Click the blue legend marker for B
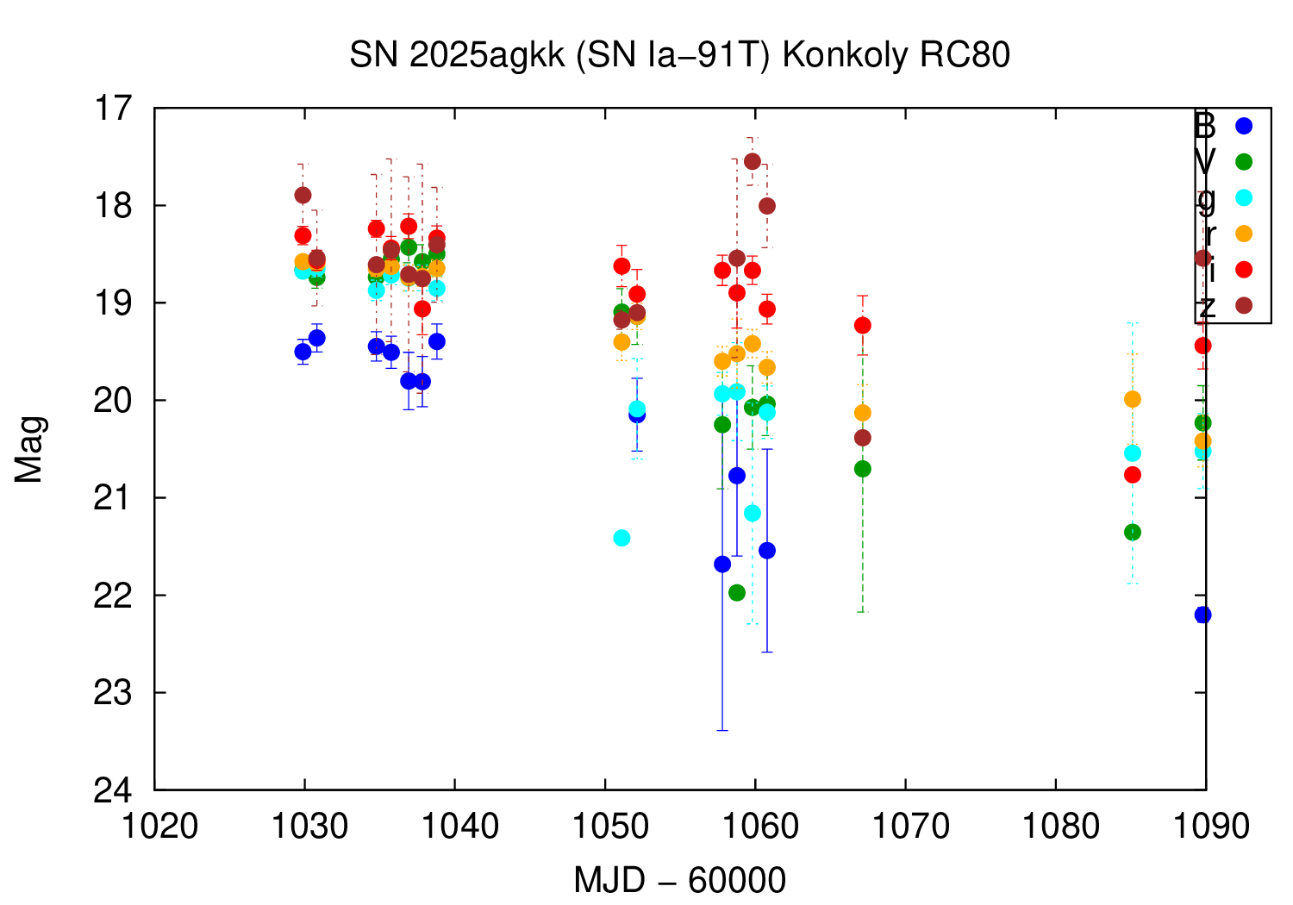[x=1243, y=126]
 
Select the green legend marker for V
[x=1243, y=162]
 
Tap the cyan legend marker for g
[x=1243, y=197]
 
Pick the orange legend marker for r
[x=1243, y=234]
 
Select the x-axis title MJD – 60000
[x=679, y=881]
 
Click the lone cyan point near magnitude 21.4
[x=622, y=538]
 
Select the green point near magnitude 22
[x=737, y=593]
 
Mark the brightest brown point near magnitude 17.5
[x=753, y=161]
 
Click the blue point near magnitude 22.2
[x=1202, y=615]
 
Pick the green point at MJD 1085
[x=1133, y=533]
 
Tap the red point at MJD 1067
[x=863, y=325]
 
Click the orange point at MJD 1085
[x=1133, y=399]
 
